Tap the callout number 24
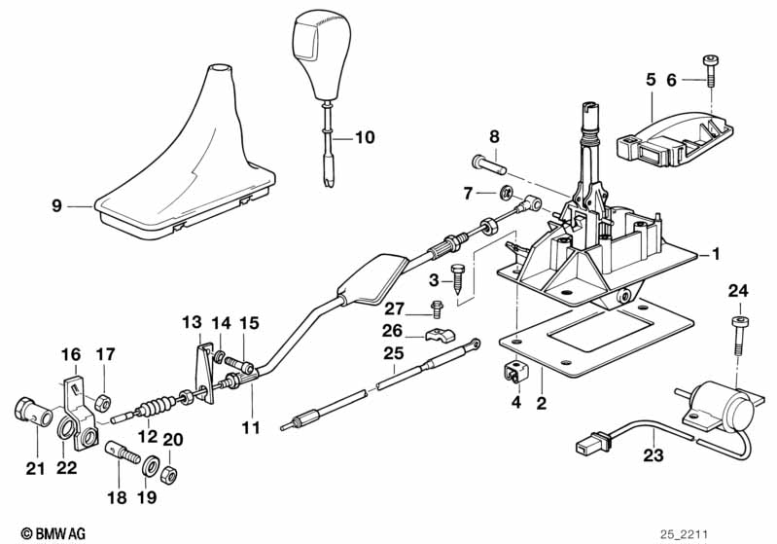click(738, 289)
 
